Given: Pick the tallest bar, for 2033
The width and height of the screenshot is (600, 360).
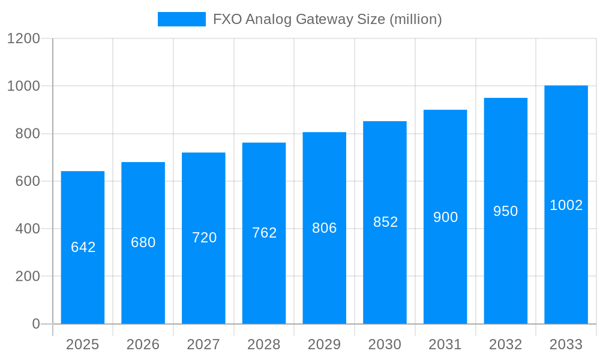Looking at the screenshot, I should point(566,264).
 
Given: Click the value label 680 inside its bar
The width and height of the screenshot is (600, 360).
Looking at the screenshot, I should point(143,242).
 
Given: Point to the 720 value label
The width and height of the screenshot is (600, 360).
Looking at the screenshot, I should point(204,238).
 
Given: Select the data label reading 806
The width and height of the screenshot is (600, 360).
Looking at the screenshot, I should point(325,228).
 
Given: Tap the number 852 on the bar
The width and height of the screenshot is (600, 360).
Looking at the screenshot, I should point(385,222).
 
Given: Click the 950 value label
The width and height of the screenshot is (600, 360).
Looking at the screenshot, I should point(505,211).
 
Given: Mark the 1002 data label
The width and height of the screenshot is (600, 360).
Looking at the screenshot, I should point(566,205).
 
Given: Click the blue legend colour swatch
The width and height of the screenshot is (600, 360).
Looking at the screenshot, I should point(181,19).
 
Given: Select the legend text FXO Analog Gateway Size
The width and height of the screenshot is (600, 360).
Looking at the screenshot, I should point(328,19).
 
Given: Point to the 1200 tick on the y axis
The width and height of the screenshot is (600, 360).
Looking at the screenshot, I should point(23,38).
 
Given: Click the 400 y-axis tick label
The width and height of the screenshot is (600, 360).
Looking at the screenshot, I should point(28,229).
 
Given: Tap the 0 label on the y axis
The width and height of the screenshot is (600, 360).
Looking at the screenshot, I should point(35,324).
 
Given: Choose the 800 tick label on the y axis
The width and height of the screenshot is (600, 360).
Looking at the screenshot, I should point(28,134).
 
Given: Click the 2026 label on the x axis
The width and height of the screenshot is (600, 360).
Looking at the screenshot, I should point(143,344).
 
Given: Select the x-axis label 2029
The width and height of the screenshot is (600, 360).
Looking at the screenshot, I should point(325,344).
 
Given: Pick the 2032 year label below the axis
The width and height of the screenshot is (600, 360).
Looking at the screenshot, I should point(505,344).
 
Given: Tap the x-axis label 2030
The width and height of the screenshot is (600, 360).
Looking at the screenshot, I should point(385,344).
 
